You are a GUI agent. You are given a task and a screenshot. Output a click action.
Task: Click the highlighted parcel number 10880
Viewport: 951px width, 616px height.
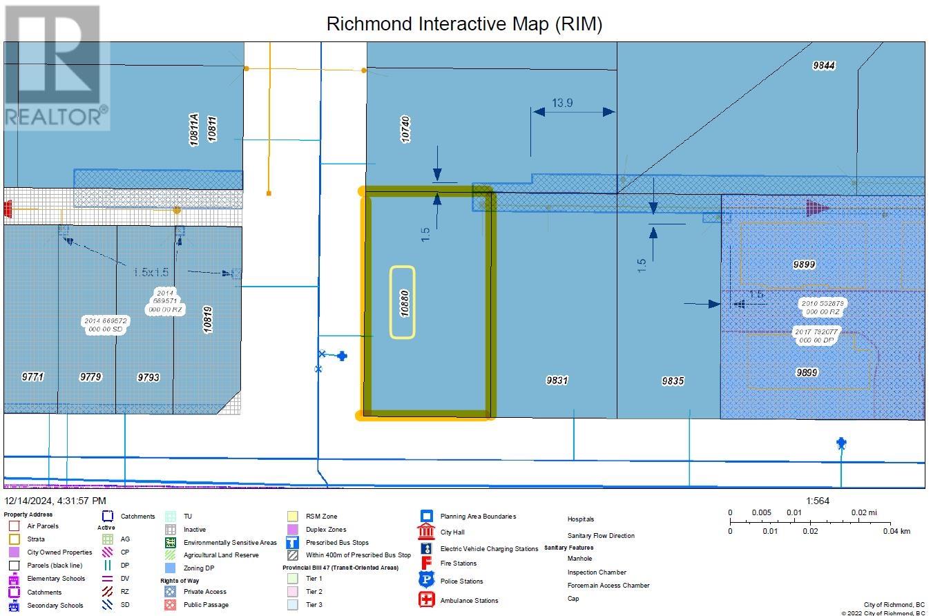tap(403, 302)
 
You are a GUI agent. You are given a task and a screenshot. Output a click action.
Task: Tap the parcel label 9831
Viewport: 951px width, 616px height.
tap(557, 380)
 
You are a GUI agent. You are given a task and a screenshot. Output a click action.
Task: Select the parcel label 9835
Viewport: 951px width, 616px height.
tap(672, 381)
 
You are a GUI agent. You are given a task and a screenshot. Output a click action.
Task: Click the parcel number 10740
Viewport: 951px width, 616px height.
tap(405, 129)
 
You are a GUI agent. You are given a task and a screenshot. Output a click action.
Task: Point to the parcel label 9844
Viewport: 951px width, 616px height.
tap(823, 66)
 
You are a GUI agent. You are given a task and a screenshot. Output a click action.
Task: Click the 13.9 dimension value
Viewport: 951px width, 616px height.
tap(561, 103)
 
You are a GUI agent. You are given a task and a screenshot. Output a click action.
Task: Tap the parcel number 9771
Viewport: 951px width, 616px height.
tap(32, 377)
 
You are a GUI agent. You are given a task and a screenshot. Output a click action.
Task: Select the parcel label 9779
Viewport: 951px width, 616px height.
tap(90, 377)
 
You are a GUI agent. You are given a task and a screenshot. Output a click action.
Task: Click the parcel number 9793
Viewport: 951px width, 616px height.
tap(148, 377)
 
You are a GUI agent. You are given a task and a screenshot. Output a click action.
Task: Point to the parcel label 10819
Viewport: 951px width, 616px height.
tap(207, 320)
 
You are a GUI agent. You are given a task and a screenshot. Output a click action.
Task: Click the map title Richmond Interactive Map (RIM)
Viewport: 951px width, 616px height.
tap(464, 24)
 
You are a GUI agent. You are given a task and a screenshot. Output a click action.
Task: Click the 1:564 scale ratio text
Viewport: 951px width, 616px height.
tap(817, 501)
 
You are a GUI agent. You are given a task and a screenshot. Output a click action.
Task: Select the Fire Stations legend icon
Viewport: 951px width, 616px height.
tap(426, 562)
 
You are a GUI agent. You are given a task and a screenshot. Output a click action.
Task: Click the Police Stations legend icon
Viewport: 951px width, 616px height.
tap(426, 580)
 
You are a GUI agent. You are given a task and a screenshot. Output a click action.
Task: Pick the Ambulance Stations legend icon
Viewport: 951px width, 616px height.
tap(426, 599)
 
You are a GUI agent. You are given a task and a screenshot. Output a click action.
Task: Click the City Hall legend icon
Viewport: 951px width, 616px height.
tap(426, 532)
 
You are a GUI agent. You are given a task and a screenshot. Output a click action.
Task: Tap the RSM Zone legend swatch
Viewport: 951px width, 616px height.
tap(293, 516)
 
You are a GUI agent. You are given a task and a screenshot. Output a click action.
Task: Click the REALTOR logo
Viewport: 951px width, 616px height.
tap(56, 67)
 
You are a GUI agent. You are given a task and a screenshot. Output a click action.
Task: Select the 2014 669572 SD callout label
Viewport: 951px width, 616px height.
tap(105, 325)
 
